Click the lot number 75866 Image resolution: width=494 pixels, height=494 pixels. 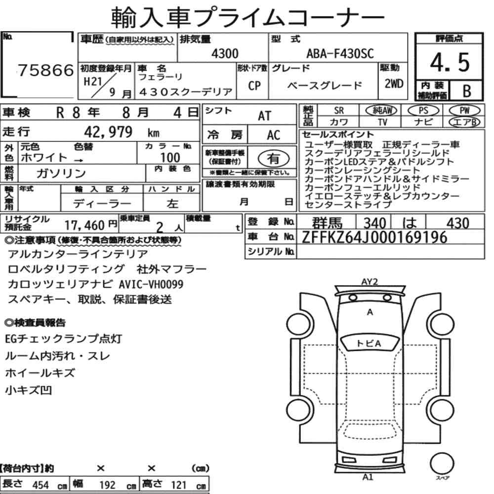46,70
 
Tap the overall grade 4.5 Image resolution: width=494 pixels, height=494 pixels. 450,62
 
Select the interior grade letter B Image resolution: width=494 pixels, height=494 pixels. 467,91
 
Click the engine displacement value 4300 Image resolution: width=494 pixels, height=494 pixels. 225,53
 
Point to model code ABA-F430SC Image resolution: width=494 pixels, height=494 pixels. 340,53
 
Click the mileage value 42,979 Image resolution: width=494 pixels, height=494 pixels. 108,132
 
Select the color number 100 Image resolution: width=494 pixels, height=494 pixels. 170,157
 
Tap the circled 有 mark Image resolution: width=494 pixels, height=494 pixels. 274,159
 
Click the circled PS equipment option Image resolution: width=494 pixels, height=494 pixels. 423,110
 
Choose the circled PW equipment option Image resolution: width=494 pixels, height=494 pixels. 464,110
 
